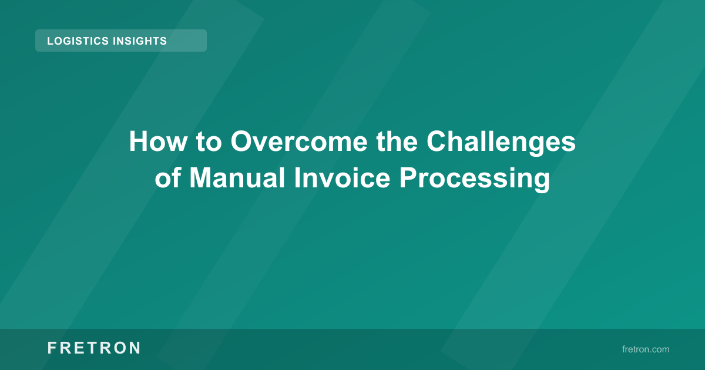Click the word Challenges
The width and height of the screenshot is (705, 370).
[501, 142]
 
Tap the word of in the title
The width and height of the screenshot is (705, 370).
[169, 178]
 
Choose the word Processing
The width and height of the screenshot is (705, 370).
[475, 178]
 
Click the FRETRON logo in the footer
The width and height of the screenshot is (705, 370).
[94, 348]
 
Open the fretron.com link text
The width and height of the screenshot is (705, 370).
[645, 349]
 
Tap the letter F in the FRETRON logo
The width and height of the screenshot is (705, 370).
[52, 348]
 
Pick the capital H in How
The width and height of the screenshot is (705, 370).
[137, 142]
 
